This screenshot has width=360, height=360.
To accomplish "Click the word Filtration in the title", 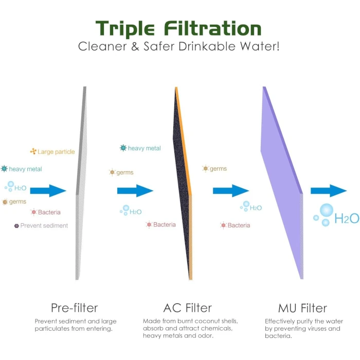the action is coord(213,28).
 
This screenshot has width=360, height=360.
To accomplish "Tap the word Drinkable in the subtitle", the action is coord(207,46).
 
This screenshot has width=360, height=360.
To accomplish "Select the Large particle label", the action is coord(56,152).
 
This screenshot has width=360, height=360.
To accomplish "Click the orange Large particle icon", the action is coord(33,151).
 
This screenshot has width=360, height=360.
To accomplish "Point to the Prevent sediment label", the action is coord(44,226).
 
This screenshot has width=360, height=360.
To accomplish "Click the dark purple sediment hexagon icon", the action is coord(16,226).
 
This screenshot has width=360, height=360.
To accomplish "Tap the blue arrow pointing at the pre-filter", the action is coord(48,191).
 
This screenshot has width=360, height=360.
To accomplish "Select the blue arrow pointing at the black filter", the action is coord(135,191).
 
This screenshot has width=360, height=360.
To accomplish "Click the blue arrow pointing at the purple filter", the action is coord(231,191).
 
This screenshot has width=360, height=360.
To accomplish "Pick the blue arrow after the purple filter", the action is coord(329,191).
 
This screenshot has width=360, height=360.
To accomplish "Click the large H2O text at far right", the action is coord(347,219).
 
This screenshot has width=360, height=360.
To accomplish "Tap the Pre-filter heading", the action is coord(75,308).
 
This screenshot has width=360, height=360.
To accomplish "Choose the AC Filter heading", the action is coord(188,308).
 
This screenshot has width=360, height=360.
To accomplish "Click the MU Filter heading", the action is coord(302,308).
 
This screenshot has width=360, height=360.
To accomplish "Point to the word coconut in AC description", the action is coord(201,321).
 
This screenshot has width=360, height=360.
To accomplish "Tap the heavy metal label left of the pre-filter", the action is coord(26,169).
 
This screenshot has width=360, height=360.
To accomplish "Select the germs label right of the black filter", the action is coord(218,169).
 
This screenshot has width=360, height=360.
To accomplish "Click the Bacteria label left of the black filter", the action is coord(165,225).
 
